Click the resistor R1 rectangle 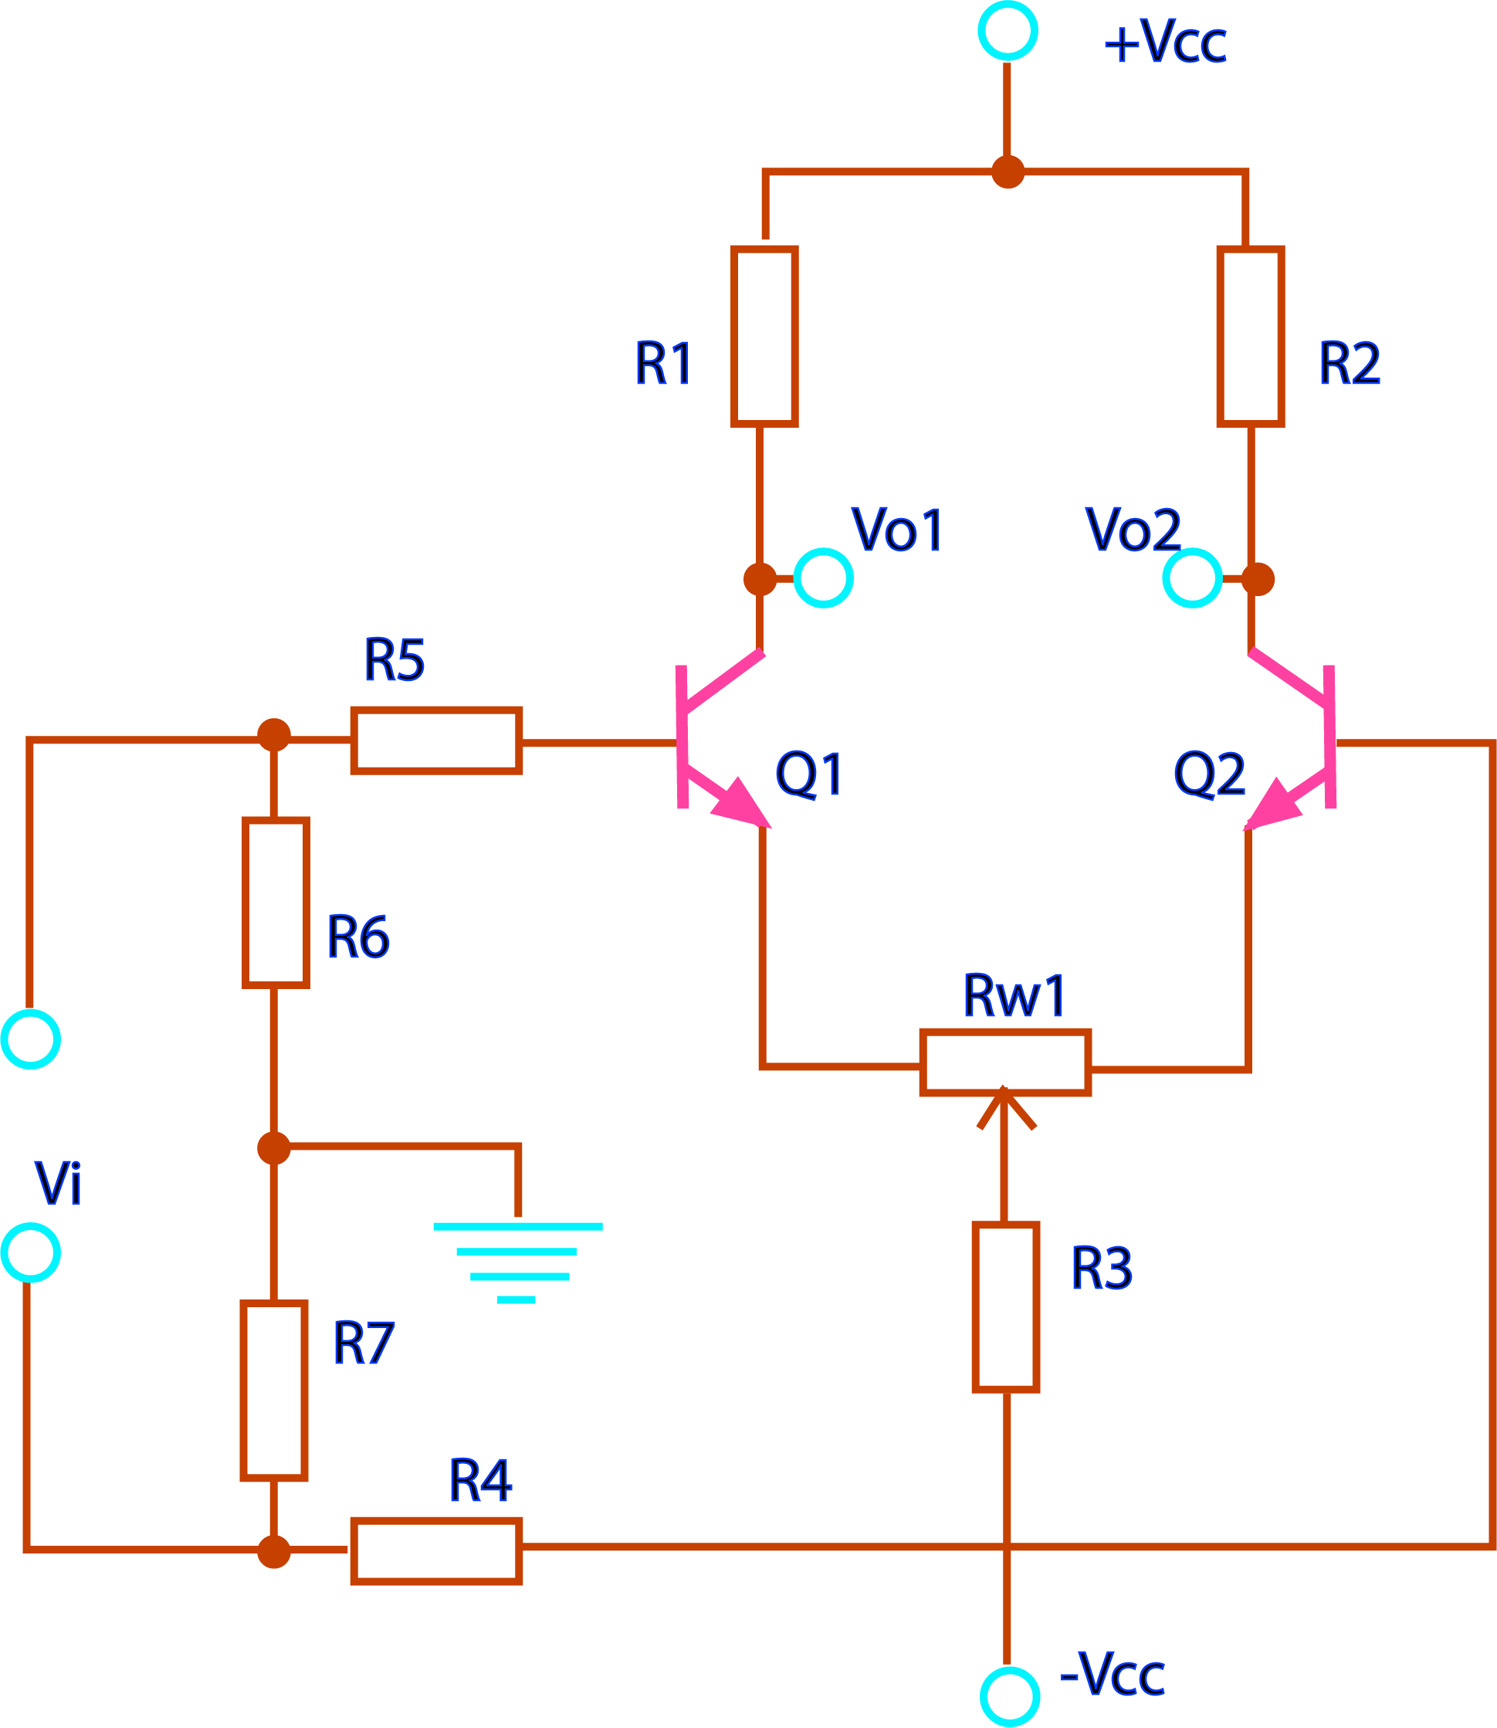764,336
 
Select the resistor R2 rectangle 1251,336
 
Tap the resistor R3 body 1006,1307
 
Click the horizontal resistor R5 436,740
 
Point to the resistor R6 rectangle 276,903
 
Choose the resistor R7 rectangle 274,1391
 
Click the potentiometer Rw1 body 1006,1062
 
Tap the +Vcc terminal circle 1008,31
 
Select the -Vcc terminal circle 1009,1696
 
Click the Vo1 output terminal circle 823,578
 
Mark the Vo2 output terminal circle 1192,578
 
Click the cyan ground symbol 518,1261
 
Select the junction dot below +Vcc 1008,172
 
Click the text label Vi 58,1183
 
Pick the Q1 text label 808,774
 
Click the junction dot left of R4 274,1552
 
